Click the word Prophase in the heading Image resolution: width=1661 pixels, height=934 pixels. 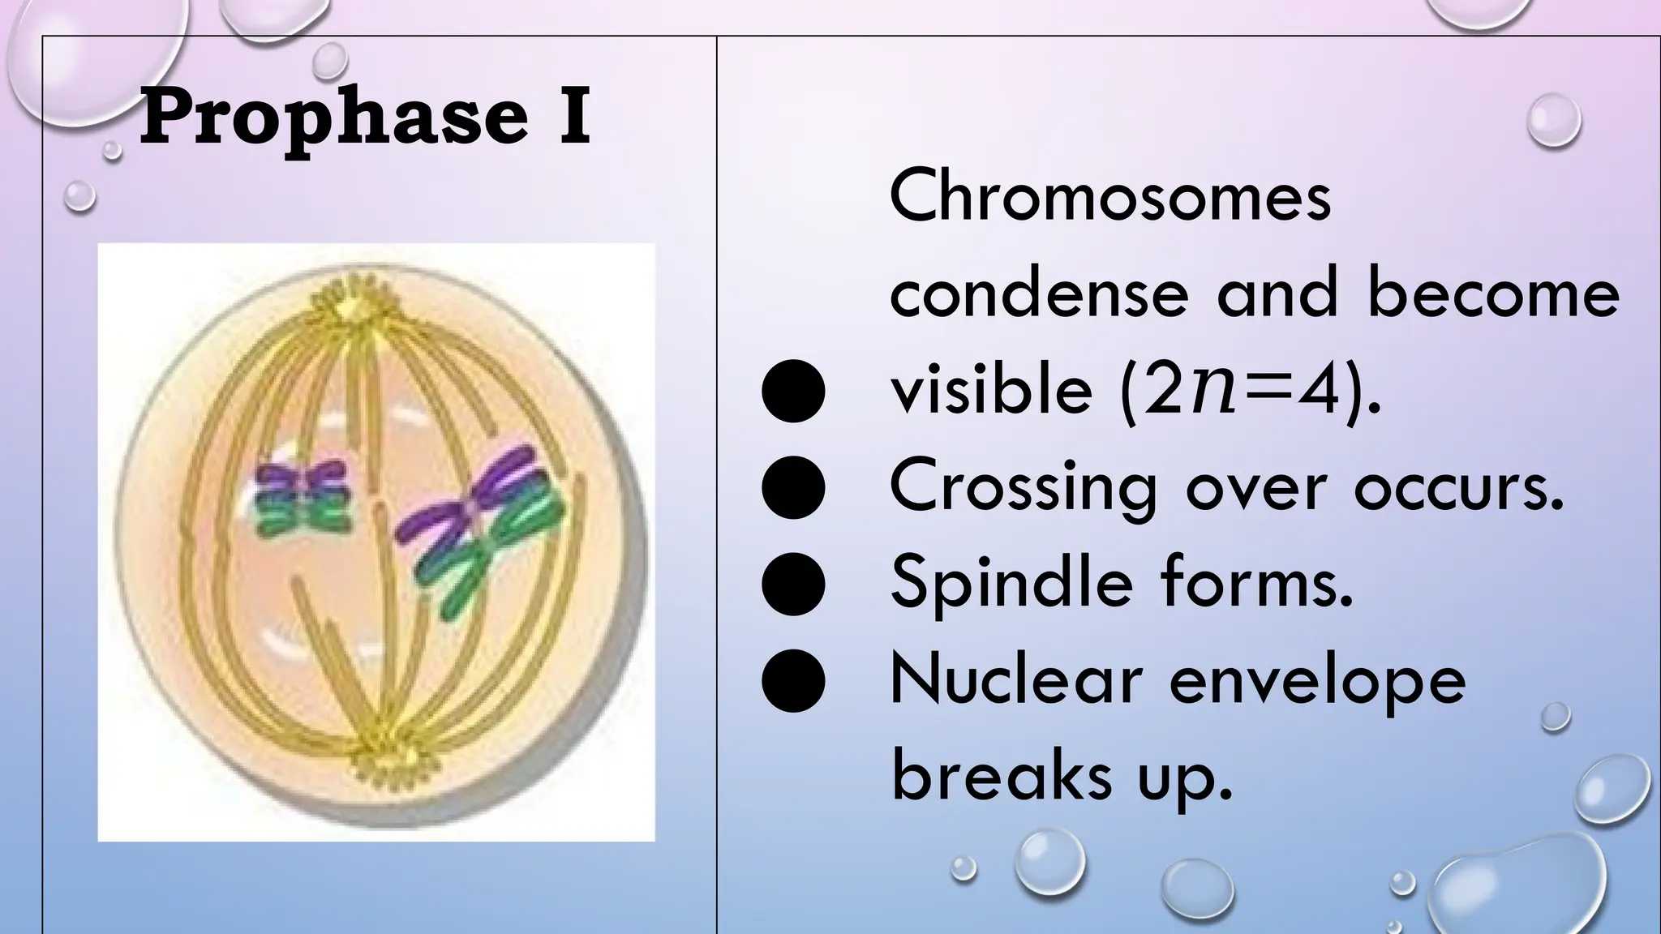pyautogui.click(x=333, y=118)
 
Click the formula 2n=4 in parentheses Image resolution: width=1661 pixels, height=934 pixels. pyautogui.click(x=1240, y=391)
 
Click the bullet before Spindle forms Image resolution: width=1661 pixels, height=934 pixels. pyautogui.click(x=794, y=585)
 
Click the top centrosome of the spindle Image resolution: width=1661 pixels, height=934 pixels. pyautogui.click(x=354, y=307)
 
